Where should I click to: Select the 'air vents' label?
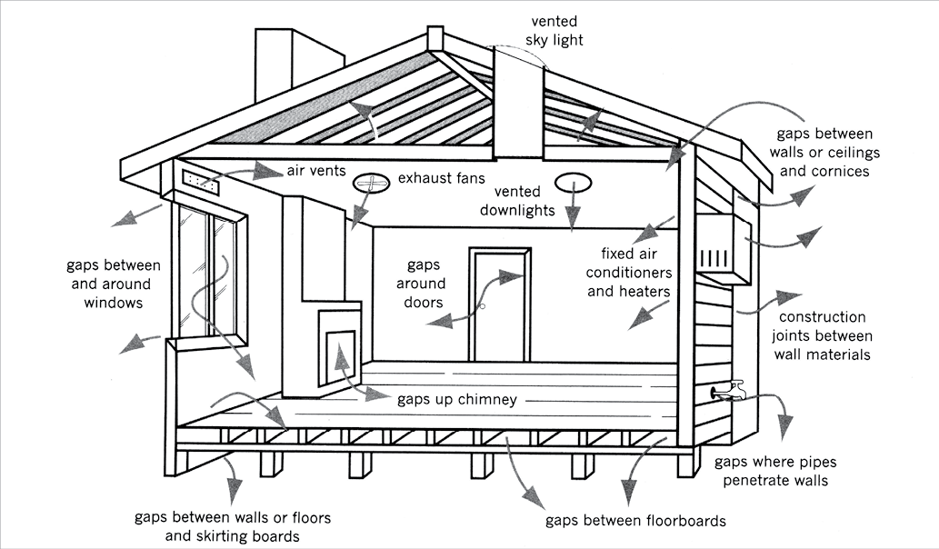[x=315, y=170]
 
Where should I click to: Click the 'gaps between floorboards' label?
[x=635, y=521]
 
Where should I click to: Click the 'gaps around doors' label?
[x=424, y=284]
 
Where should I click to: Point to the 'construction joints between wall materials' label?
[x=822, y=335]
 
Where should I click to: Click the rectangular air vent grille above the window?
[x=201, y=182]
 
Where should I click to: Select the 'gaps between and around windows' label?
[x=113, y=284]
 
